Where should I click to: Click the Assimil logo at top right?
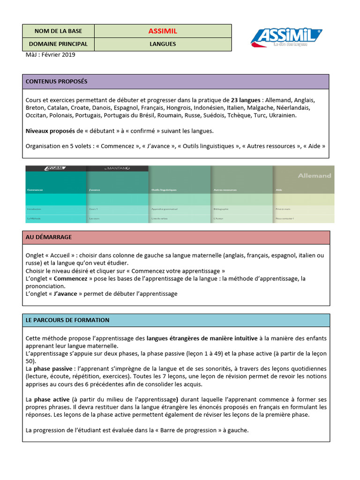[x=286, y=37]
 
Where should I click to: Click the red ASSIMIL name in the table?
[x=163, y=31]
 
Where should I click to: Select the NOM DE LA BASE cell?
[x=58, y=31]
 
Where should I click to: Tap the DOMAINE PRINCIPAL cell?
[x=58, y=44]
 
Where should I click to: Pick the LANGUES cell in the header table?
[x=163, y=44]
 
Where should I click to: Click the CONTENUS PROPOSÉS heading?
[x=56, y=82]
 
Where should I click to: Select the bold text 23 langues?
[x=246, y=100]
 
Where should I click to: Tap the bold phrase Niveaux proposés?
[x=50, y=131]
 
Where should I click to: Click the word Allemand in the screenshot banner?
[x=314, y=176]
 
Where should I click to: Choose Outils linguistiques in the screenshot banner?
[x=164, y=190]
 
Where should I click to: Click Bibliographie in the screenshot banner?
[x=221, y=209]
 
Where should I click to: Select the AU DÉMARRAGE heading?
[x=49, y=237]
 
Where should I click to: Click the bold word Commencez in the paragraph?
[x=70, y=278]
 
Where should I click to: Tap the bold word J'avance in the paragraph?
[x=65, y=294]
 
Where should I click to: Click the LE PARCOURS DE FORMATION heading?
[x=67, y=320]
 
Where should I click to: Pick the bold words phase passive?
[x=56, y=369]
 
